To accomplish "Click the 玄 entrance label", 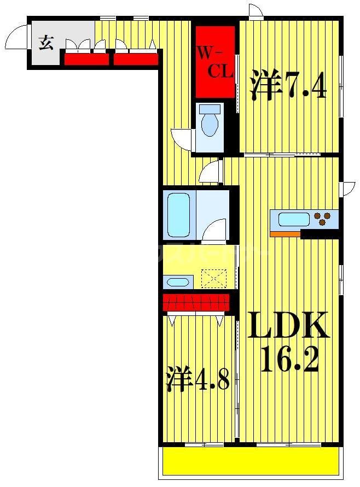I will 46,42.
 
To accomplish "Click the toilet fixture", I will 210,121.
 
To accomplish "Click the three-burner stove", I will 324,219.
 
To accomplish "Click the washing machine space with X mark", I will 213,278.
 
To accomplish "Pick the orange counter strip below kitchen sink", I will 285,234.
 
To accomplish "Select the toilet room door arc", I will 182,138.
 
